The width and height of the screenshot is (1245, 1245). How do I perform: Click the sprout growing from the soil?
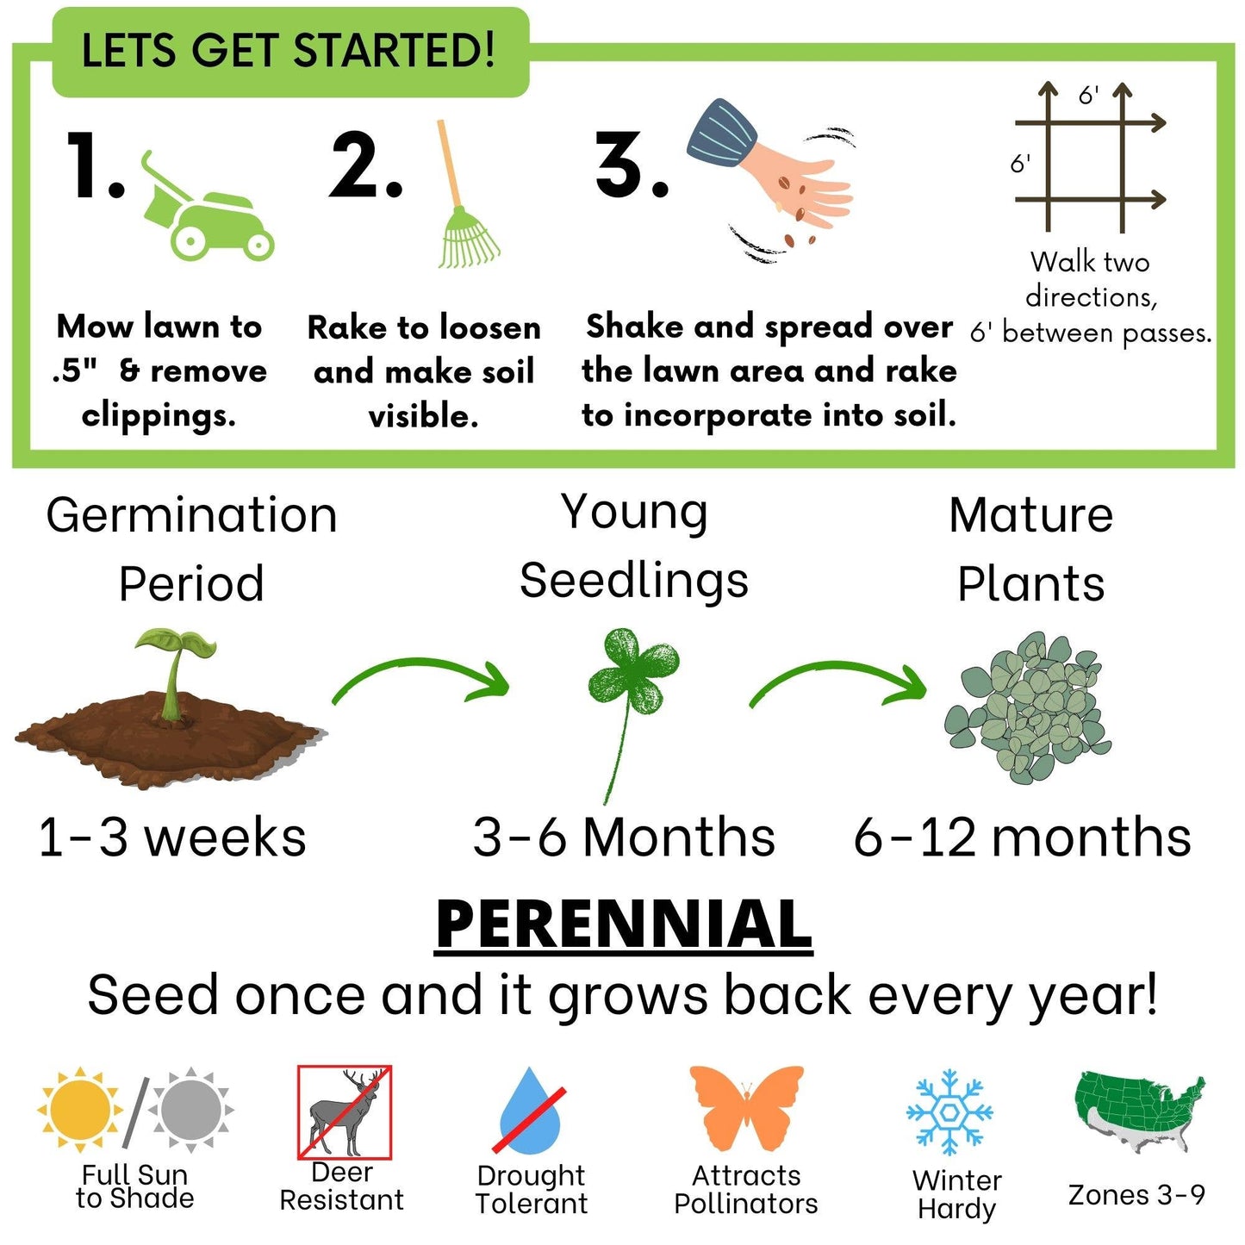coord(177,668)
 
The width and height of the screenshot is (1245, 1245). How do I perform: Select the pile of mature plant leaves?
coord(1028,707)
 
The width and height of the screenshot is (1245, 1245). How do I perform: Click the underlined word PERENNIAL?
coord(623,924)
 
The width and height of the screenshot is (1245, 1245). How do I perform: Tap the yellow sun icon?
coord(79,1110)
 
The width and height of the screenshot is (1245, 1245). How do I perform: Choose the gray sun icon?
coord(190,1110)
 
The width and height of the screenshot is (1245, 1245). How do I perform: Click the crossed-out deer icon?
coord(345,1111)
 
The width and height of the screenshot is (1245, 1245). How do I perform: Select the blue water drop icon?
coord(531,1112)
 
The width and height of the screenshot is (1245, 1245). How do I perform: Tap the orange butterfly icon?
coord(746,1106)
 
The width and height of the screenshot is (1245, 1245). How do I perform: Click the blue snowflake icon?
coord(949,1111)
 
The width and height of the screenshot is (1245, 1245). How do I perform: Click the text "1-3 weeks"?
coord(172,837)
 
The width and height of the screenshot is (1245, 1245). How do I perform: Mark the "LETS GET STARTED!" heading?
coord(289,51)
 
